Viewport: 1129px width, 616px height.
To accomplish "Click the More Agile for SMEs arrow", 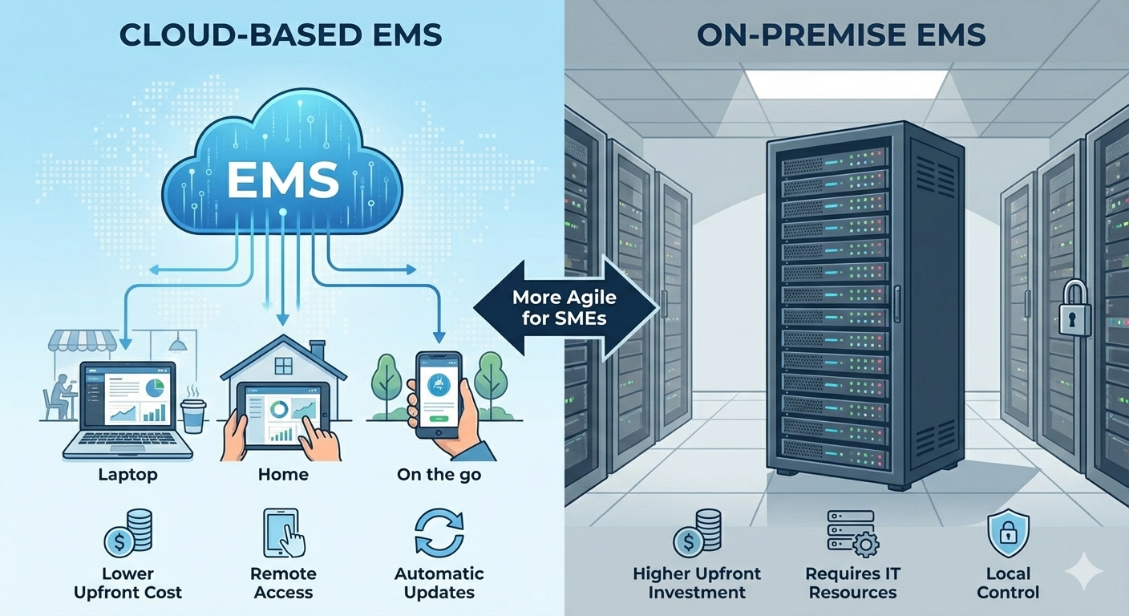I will pyautogui.click(x=564, y=306).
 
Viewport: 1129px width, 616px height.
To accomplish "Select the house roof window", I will pyautogui.click(x=284, y=366).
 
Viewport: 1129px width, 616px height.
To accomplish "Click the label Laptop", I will pyautogui.click(x=127, y=475).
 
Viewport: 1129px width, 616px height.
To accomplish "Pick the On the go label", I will pyautogui.click(x=439, y=475).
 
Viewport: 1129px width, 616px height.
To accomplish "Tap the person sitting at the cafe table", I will pyautogui.click(x=60, y=397).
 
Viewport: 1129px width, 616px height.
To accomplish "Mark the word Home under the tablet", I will pyautogui.click(x=283, y=475).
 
